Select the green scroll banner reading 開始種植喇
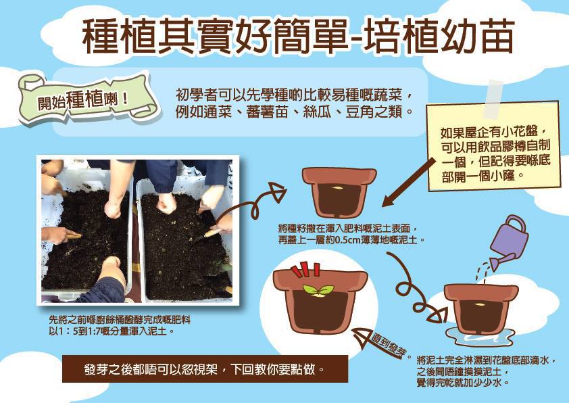coord(87,98)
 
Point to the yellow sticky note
coord(493,146)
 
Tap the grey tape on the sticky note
coord(493,96)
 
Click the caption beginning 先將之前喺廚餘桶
coord(120,325)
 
